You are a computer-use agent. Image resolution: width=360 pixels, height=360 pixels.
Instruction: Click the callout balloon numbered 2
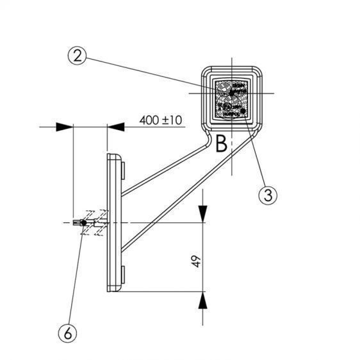pos(77,56)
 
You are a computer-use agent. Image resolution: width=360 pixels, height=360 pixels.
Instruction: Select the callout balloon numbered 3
pos(268,195)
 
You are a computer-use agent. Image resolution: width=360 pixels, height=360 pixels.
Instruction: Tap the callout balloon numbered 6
pos(68,333)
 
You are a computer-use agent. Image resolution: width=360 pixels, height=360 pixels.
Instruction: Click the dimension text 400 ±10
pos(161,120)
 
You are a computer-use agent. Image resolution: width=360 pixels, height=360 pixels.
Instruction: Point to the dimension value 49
pos(196,261)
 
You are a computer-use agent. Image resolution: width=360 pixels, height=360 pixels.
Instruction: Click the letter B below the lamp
pos(222,144)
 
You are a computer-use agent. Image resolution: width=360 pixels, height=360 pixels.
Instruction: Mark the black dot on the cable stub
pos(84,223)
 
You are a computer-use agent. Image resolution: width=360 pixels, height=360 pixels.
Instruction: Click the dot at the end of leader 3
pos(243,111)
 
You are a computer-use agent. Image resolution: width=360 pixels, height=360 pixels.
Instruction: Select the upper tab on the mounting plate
pos(123,170)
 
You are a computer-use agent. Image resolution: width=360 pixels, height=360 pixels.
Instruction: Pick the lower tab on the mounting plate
pos(123,275)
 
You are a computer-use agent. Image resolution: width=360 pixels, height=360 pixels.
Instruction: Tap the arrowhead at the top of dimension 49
pos(202,214)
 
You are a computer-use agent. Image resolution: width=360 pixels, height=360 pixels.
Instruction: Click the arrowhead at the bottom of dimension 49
pos(202,300)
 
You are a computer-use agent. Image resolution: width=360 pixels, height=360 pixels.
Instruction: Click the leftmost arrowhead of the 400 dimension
pos(65,127)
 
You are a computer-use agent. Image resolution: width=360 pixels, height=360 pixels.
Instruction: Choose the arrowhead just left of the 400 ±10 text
pos(116,127)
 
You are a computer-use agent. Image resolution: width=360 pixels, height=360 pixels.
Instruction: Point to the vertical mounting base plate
pos(114,223)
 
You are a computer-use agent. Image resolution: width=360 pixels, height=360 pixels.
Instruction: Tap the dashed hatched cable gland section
pos(94,222)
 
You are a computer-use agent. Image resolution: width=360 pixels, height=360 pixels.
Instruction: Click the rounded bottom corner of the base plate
pos(119,290)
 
